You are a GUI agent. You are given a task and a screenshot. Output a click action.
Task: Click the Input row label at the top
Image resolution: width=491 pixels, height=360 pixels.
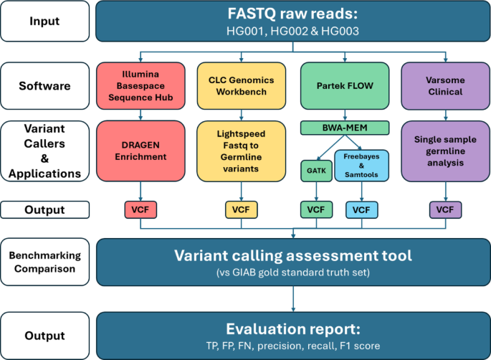pyautogui.click(x=44, y=21)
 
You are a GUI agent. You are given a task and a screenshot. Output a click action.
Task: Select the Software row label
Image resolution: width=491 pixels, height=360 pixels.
pyautogui.click(x=44, y=86)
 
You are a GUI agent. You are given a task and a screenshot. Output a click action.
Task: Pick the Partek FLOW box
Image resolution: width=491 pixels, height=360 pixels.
pyautogui.click(x=345, y=87)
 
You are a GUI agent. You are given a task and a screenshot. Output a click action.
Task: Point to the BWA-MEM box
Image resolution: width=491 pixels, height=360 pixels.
pyautogui.click(x=345, y=129)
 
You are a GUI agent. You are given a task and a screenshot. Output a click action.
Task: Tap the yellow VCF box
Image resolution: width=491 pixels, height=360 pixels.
pyautogui.click(x=238, y=209)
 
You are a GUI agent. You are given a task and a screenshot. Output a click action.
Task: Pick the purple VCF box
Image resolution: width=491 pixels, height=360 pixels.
pyautogui.click(x=444, y=209)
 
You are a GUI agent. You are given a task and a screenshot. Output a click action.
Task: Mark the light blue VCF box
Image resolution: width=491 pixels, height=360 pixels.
pyautogui.click(x=362, y=209)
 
